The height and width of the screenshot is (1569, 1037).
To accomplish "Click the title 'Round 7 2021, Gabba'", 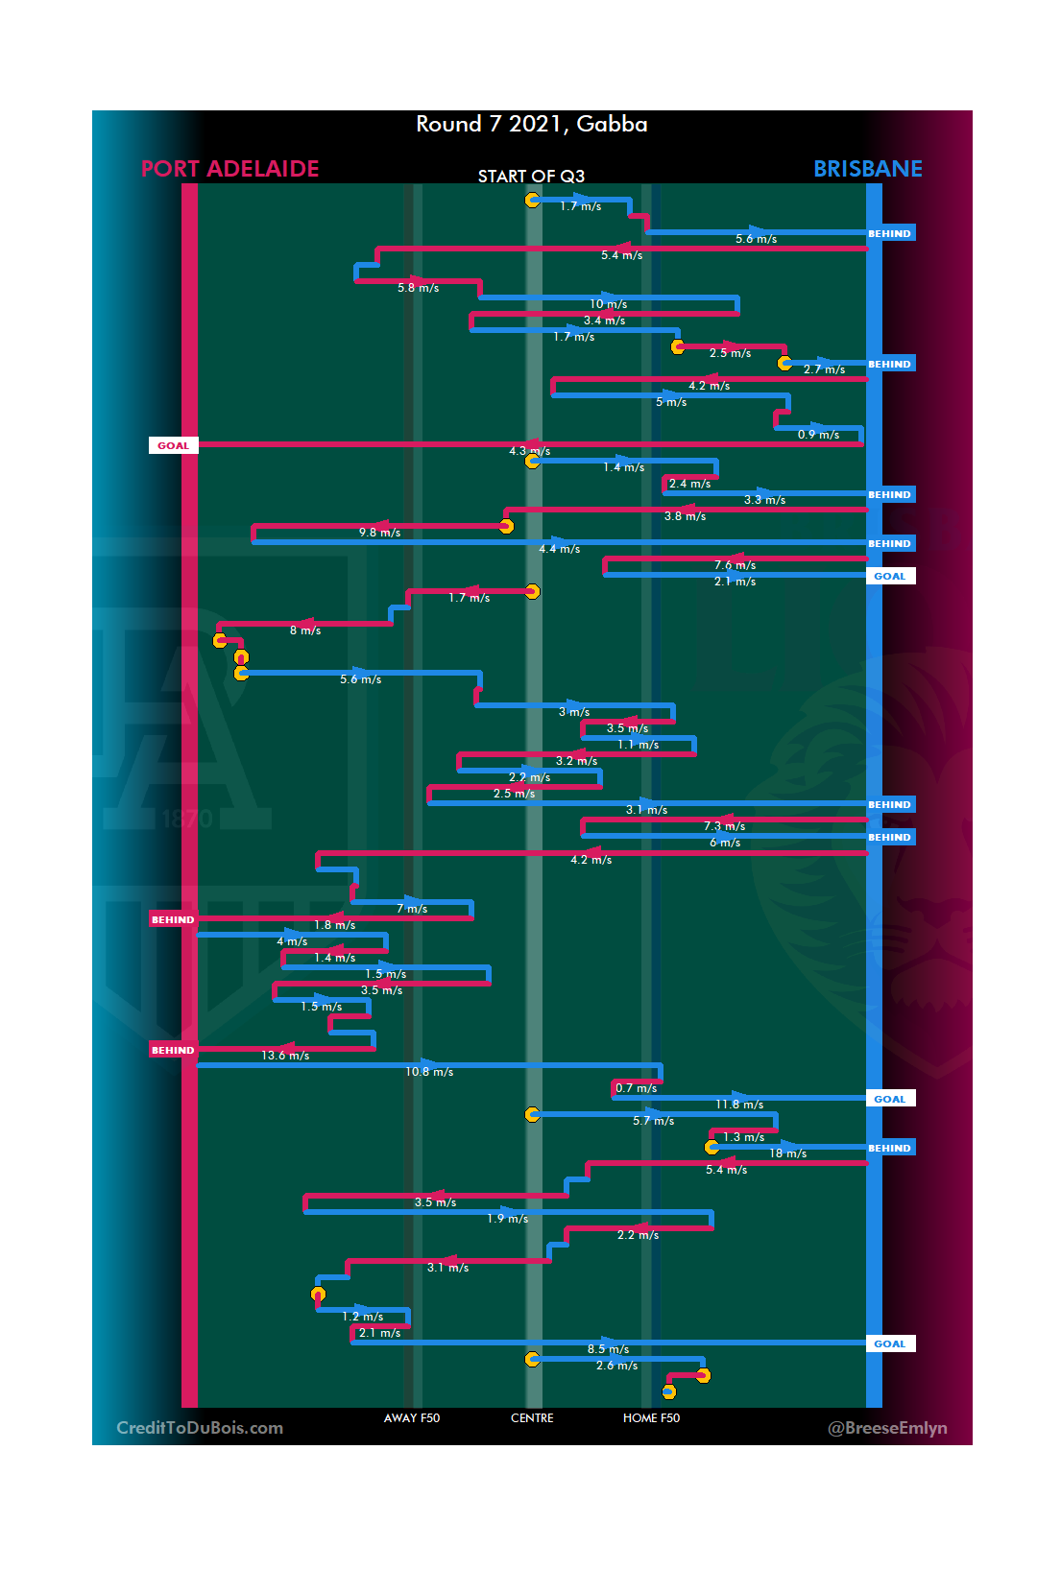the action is (x=531, y=124).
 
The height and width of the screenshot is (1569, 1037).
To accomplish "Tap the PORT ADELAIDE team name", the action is (x=229, y=169).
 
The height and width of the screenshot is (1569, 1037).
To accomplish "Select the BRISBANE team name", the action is (x=867, y=169).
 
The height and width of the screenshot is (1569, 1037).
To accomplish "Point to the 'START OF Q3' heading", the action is (x=531, y=177).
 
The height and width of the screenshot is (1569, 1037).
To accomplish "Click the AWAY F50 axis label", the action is (x=411, y=1417).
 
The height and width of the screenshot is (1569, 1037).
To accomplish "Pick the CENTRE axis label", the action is (x=532, y=1417).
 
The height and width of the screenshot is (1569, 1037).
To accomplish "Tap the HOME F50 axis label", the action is (x=651, y=1417).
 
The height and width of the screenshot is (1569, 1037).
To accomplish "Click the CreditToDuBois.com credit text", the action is (x=200, y=1427).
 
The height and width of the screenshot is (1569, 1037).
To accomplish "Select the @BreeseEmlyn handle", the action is (x=887, y=1427).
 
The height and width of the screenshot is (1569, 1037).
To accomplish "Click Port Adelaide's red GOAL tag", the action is (x=173, y=445).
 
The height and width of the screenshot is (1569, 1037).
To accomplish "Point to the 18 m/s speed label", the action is (x=787, y=1153).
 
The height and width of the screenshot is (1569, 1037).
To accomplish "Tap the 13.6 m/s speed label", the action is (x=285, y=1056).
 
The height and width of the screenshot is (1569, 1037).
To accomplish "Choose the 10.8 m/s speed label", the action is (x=429, y=1072).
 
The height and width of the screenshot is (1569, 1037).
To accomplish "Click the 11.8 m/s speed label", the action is (x=739, y=1105).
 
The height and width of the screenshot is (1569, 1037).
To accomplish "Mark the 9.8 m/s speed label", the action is (x=379, y=533).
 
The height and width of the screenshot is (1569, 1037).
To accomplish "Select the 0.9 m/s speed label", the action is (x=818, y=435).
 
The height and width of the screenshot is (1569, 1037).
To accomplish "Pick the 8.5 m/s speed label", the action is (x=608, y=1349).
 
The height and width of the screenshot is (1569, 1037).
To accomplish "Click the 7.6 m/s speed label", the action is (x=735, y=565).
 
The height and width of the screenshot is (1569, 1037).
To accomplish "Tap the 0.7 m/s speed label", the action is (x=636, y=1088).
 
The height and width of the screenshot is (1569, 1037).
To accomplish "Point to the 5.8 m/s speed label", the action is (x=418, y=288).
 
